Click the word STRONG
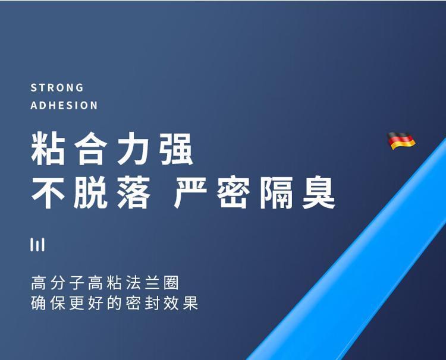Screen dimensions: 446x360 (57, 87)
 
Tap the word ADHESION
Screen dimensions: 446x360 (64, 105)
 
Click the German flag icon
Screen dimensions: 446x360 (401, 140)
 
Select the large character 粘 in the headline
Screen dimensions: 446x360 (48, 149)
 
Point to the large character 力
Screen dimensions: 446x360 (134, 149)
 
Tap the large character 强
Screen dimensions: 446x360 (177, 149)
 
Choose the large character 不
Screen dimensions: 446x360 (48, 192)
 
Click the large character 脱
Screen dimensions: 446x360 (91, 192)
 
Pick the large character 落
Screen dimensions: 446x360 (134, 192)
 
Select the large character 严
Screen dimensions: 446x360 (190, 192)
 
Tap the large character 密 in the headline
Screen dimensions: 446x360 (233, 192)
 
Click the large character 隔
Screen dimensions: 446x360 (276, 192)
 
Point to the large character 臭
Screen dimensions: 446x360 (319, 192)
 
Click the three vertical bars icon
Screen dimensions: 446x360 (37, 245)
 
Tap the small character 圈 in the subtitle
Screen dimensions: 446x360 (171, 283)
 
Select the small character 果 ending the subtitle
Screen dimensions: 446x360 (190, 303)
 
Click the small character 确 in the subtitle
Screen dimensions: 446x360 (38, 303)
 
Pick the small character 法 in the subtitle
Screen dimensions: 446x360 (133, 283)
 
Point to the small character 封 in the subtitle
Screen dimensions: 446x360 (152, 303)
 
